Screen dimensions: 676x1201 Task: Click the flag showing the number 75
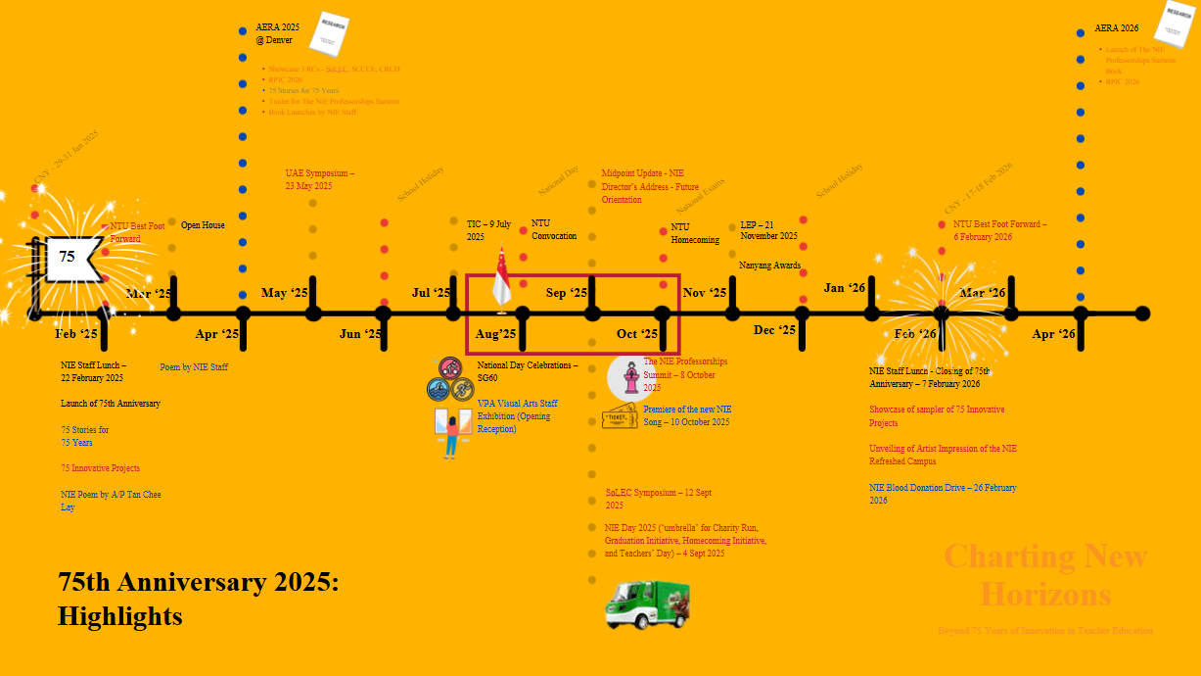click(69, 259)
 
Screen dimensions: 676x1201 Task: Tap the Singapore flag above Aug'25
click(501, 278)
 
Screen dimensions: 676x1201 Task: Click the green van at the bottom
click(647, 604)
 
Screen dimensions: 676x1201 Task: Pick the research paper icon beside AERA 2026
click(1172, 24)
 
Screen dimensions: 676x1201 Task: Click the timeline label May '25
click(285, 293)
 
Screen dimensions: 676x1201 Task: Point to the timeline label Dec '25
click(774, 330)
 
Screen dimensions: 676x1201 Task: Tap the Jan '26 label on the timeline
click(845, 288)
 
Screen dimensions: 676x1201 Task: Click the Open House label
click(203, 225)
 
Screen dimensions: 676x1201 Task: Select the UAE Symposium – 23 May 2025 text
click(320, 179)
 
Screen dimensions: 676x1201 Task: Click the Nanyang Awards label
click(769, 266)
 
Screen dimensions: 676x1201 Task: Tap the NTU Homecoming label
click(695, 233)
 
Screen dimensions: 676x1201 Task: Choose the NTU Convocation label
click(554, 229)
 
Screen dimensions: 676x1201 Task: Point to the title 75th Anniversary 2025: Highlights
click(199, 599)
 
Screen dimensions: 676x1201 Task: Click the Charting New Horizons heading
click(1045, 575)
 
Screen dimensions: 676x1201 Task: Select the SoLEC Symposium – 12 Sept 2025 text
click(658, 499)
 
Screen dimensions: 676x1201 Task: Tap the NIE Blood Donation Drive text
click(943, 494)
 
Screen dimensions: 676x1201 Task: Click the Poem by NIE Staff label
click(194, 367)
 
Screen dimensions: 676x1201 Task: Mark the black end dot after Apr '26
click(1142, 314)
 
